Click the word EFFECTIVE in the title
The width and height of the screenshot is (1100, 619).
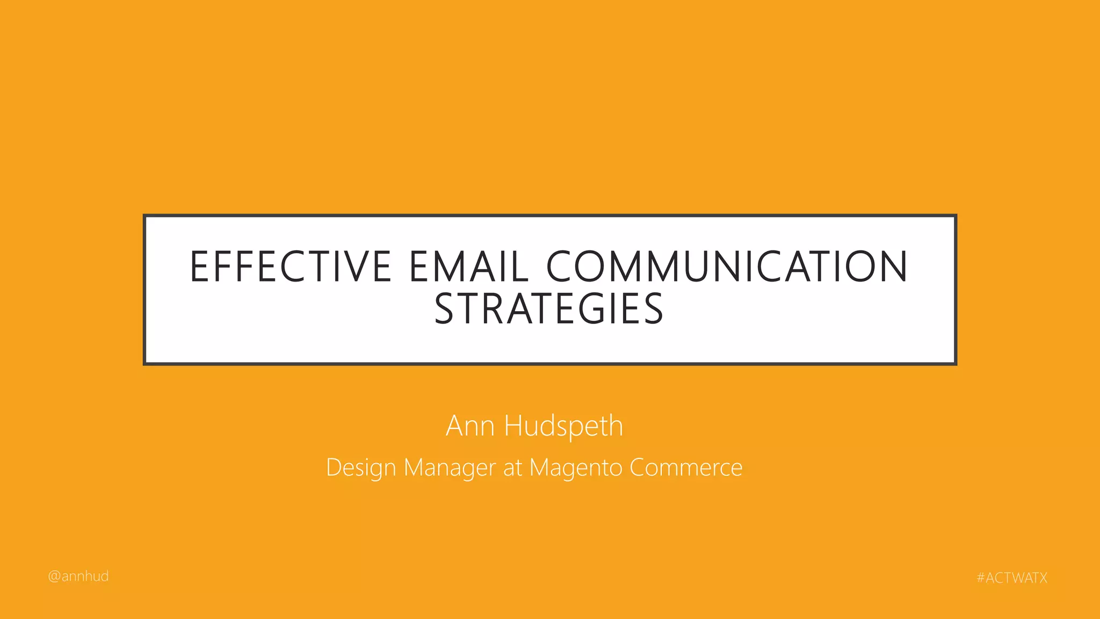[x=291, y=267]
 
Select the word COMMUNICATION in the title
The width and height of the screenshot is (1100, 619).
[x=727, y=267]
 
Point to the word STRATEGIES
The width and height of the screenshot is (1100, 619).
[x=549, y=309]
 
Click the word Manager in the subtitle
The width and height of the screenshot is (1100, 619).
[x=450, y=468]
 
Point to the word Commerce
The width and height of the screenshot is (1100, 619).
[x=686, y=467]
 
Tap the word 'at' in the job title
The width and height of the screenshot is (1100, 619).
[x=512, y=468]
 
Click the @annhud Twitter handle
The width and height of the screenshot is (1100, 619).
[x=78, y=577]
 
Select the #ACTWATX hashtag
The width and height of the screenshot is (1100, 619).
[x=1012, y=578]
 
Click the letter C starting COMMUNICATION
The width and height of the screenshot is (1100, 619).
[x=562, y=267]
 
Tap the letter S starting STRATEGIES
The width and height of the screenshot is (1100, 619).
[x=445, y=309]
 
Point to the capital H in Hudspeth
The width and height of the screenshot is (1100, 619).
[x=514, y=426]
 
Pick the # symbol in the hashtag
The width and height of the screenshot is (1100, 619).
[x=981, y=578]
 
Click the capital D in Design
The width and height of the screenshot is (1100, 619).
[x=334, y=467]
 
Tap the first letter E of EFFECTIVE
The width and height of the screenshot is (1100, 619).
[x=200, y=267]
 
